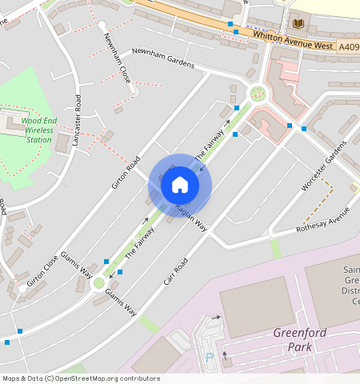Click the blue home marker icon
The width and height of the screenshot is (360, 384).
180,185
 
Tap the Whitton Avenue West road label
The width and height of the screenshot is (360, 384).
292,40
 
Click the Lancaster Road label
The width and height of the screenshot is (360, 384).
77,120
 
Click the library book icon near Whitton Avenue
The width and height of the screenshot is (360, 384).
300,23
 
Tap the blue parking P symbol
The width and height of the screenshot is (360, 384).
210,358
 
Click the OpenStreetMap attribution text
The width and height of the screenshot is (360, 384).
80,378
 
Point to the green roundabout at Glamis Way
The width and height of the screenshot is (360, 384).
98,282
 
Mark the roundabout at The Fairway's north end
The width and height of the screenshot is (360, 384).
258,94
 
